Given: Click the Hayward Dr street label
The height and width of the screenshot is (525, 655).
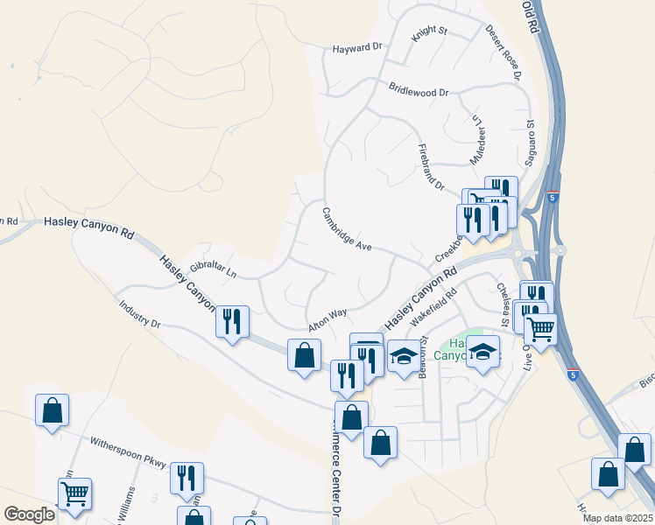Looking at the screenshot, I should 357,49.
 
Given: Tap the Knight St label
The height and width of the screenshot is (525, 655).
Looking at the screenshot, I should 430,31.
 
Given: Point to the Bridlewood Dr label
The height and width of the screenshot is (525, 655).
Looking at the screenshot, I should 419,91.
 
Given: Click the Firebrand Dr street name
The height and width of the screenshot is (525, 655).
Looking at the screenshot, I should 432,166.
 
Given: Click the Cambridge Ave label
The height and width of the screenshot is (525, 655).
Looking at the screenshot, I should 347,229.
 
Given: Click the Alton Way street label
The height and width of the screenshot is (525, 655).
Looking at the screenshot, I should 327,318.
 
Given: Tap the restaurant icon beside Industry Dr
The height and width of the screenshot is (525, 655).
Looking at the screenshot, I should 232,321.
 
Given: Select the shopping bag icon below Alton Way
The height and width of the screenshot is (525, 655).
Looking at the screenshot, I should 304,356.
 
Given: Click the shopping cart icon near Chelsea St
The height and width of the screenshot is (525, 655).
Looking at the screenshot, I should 540,329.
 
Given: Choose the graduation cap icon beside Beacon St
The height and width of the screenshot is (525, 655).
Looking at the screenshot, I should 403,355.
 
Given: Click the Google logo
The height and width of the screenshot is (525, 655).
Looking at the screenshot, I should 29,514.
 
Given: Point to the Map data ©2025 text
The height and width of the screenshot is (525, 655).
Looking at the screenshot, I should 617,518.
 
